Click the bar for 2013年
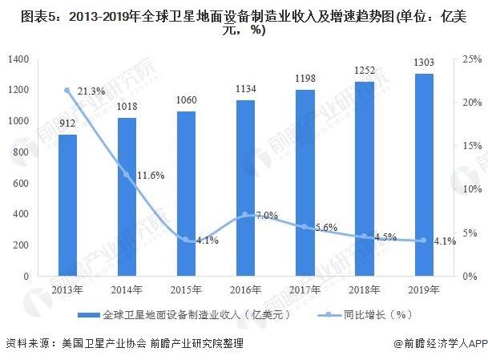click(67, 205)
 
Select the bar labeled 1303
click(424, 175)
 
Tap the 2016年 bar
click(245, 188)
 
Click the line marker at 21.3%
click(67, 91)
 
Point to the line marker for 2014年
click(127, 175)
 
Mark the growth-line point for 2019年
click(424, 241)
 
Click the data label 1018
click(127, 107)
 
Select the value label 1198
click(305, 79)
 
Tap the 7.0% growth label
click(267, 215)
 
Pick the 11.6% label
click(151, 176)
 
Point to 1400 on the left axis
click(18, 59)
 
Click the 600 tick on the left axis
click(21, 183)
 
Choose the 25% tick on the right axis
click(472, 59)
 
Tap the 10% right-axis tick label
click(472, 189)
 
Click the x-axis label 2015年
click(186, 290)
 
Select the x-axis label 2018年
click(364, 290)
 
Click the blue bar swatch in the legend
click(89, 315)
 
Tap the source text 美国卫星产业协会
click(104, 343)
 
